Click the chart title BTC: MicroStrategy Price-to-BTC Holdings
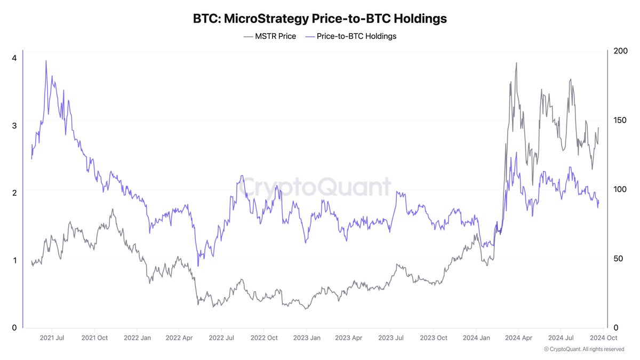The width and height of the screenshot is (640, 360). pyautogui.click(x=319, y=18)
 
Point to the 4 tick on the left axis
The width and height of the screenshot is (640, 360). pyautogui.click(x=14, y=58)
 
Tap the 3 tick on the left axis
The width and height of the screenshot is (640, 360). pyautogui.click(x=14, y=125)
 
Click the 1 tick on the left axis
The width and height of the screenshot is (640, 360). pyautogui.click(x=14, y=260)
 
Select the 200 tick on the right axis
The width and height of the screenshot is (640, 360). pyautogui.click(x=620, y=51)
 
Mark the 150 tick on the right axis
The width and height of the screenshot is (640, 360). pyautogui.click(x=620, y=120)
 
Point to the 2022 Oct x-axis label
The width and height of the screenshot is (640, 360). pyautogui.click(x=264, y=338)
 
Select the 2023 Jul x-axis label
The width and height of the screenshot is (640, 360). pyautogui.click(x=391, y=338)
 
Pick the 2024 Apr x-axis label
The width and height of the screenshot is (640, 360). pyautogui.click(x=518, y=338)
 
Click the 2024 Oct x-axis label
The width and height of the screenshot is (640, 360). pyautogui.click(x=603, y=338)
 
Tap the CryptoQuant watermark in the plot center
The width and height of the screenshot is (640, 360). pyautogui.click(x=315, y=188)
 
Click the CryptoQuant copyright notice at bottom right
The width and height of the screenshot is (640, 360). pyautogui.click(x=584, y=349)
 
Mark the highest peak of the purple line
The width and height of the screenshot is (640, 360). pyautogui.click(x=46, y=61)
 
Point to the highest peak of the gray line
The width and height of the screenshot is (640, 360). pyautogui.click(x=516, y=63)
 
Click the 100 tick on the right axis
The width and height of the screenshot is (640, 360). pyautogui.click(x=620, y=189)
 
